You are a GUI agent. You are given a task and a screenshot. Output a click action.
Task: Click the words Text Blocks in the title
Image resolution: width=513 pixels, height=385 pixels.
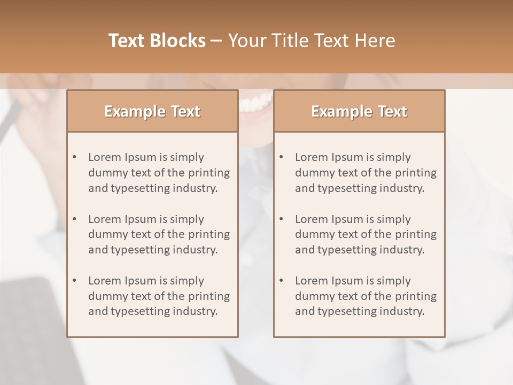click(157, 41)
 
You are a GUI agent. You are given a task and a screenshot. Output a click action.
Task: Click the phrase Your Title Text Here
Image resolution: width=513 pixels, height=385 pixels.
click(312, 41)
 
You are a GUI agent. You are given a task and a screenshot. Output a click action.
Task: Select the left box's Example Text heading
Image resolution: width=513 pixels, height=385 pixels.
click(152, 111)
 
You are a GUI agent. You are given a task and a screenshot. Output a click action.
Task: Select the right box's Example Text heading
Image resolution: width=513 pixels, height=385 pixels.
click(359, 111)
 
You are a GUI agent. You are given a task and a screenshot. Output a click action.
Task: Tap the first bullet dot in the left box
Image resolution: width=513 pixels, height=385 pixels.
click(74, 157)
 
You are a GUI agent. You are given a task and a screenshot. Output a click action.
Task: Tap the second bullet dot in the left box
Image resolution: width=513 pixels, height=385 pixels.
click(74, 219)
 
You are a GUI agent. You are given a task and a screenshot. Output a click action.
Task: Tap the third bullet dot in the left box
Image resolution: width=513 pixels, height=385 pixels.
click(74, 281)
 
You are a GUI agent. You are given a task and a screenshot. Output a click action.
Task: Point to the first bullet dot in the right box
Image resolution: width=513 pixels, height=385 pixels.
click(281, 157)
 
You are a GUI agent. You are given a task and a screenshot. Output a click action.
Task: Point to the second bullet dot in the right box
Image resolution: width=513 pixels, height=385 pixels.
click(281, 219)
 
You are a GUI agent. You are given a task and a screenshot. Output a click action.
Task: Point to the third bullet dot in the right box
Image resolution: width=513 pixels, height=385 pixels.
click(281, 281)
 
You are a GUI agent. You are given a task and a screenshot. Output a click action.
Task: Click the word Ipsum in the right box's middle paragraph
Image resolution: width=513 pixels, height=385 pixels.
click(348, 219)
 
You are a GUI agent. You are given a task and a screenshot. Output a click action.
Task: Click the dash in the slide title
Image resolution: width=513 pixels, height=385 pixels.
click(216, 41)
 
